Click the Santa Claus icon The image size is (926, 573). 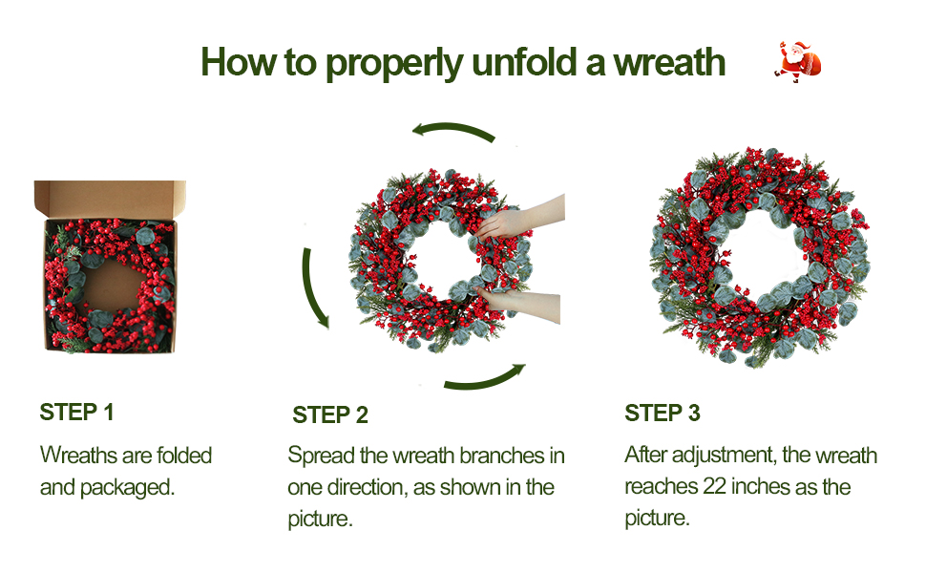[x=797, y=61]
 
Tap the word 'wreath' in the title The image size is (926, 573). [x=669, y=63]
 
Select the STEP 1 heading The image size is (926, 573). [x=76, y=413]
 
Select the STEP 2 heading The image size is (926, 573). [x=330, y=415]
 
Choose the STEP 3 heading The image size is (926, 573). [x=662, y=413]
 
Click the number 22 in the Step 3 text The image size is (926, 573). [x=714, y=487]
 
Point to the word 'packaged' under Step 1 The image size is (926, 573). [x=127, y=488]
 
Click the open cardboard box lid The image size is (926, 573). [x=110, y=199]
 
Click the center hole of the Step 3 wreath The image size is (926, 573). [x=762, y=257]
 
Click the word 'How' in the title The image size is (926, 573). [x=239, y=62]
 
